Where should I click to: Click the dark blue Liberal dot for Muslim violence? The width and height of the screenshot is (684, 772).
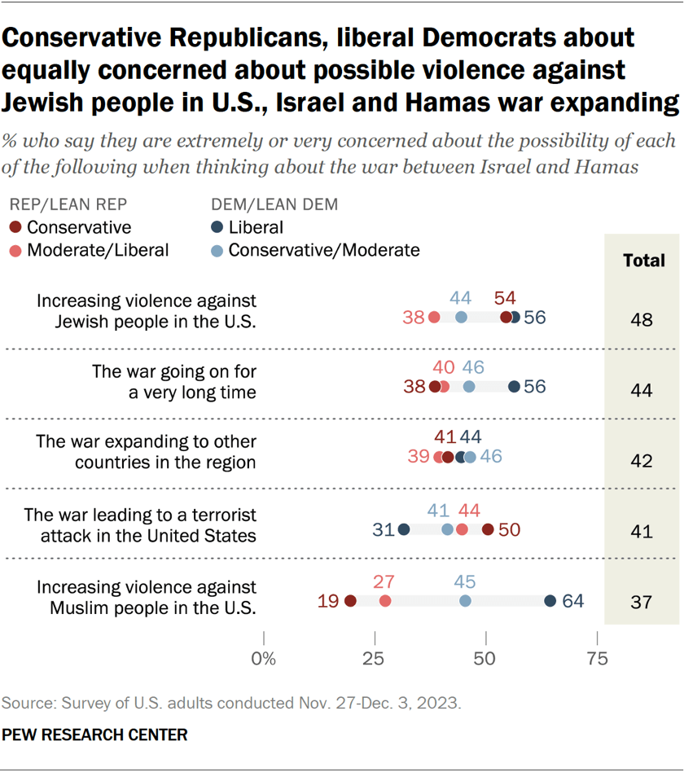coord(550,601)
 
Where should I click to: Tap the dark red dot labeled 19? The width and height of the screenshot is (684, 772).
coord(350,601)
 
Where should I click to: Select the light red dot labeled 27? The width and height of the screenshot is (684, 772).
coord(385,601)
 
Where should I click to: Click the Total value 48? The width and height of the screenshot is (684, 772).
coord(642,319)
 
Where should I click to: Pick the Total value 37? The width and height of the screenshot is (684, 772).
coord(642,602)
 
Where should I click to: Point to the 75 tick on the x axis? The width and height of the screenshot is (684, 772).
coord(598,659)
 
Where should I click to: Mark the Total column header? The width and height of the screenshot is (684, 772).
coord(643,261)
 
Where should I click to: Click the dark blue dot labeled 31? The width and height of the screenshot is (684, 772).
coord(404,529)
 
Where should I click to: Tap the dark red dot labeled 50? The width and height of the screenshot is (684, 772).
coord(487,529)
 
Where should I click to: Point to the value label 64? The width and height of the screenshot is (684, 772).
coord(573,602)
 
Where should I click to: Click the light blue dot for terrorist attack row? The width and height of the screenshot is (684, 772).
coord(447,529)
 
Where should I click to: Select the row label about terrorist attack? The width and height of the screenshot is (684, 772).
coord(140,525)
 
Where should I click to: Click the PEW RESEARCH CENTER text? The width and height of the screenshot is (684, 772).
coord(94,735)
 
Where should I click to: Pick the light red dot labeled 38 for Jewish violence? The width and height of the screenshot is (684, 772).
coord(434,318)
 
